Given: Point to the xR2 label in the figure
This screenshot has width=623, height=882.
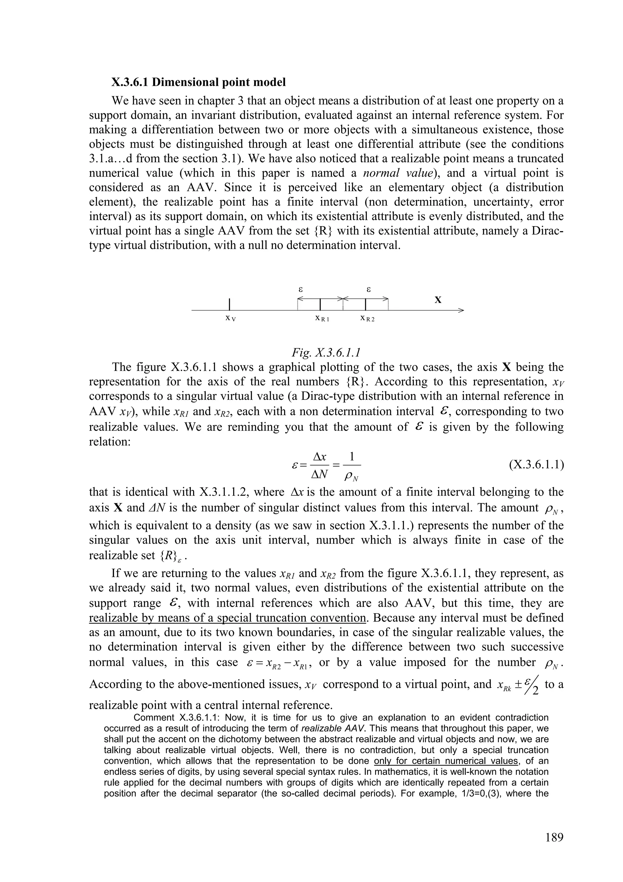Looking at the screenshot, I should coord(367,318).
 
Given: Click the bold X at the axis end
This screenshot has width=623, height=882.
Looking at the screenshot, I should coord(438,300).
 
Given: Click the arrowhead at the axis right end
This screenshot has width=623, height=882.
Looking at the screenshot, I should coord(461,311).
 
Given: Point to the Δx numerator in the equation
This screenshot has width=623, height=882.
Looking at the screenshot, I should coord(319,457).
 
